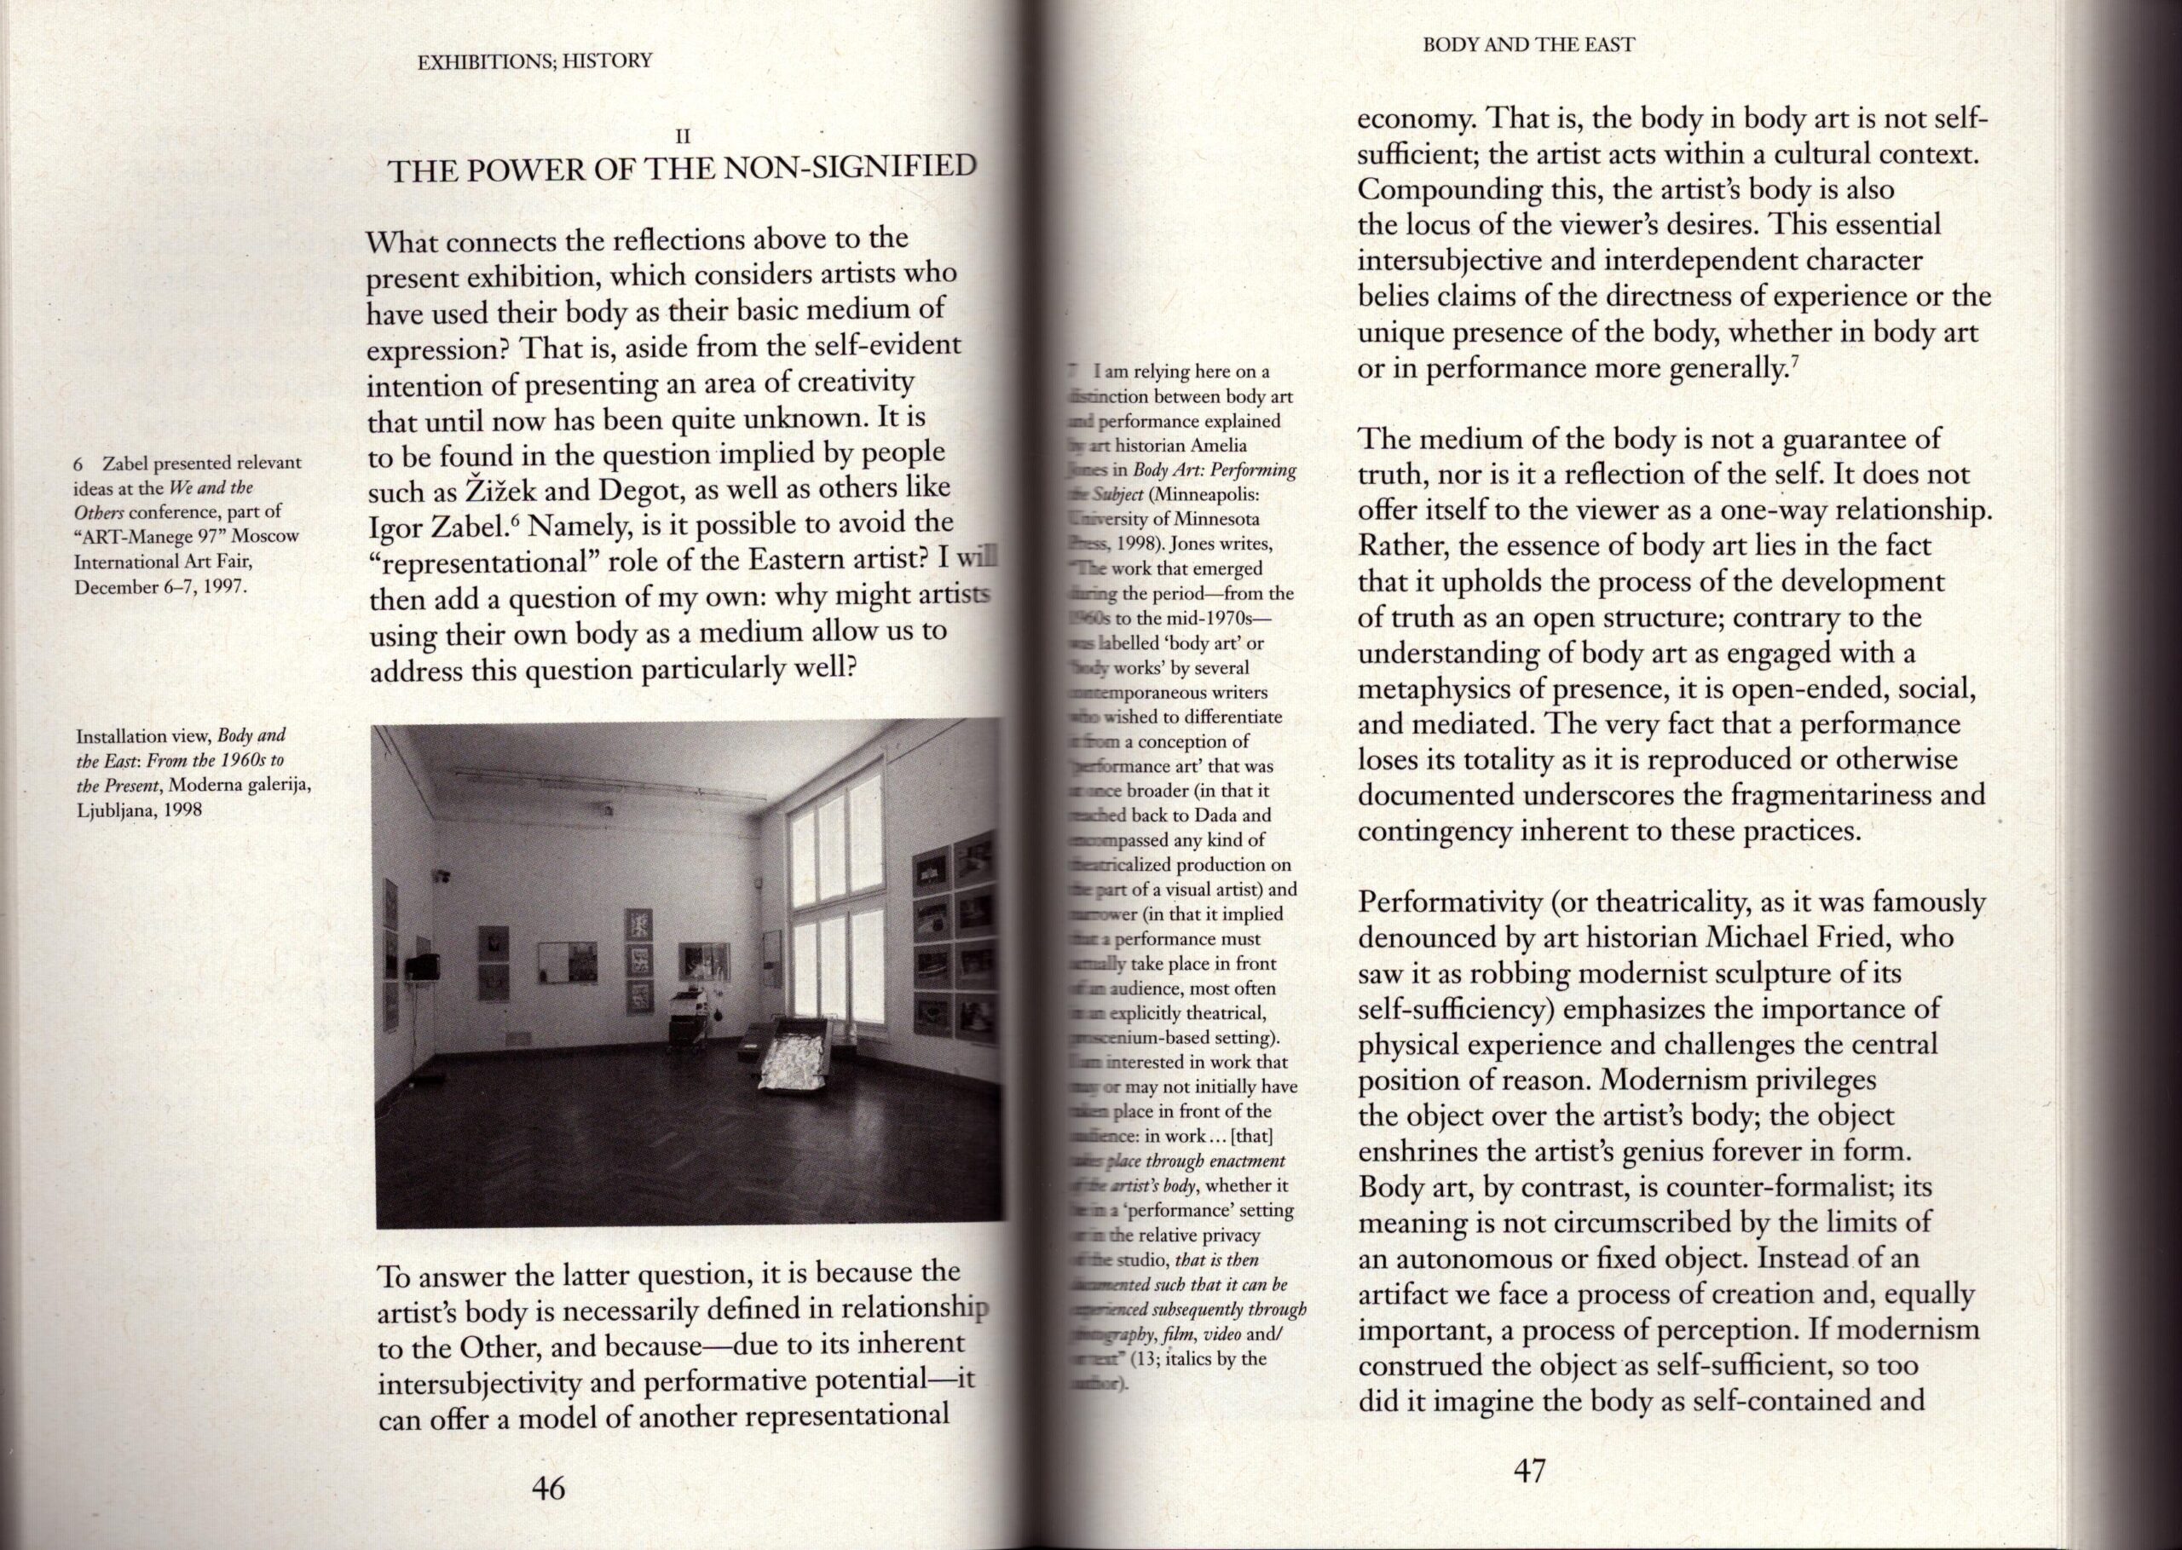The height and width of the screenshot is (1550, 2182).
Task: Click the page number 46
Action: click(548, 1488)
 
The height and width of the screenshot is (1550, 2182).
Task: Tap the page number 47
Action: click(1528, 1472)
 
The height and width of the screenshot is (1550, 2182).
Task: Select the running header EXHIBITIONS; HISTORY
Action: click(535, 61)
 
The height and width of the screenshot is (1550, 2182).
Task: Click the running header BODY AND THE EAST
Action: click(1528, 44)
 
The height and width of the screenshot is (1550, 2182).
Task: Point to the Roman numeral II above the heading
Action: click(683, 136)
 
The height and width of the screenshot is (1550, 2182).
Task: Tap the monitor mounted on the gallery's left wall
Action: click(421, 967)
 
